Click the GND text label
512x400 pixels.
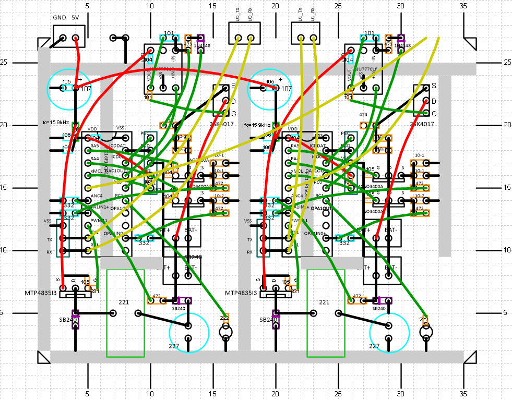tap(59, 17)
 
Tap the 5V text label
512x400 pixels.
tap(76, 17)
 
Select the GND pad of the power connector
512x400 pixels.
tap(63, 38)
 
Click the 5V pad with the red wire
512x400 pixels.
tap(76, 38)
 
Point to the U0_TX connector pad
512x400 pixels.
tap(239, 38)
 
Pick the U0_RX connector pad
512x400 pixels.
tap(251, 38)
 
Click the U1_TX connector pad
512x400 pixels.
tap(301, 38)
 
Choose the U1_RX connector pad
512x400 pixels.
tap(314, 38)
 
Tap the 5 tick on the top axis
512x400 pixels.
tap(87, 6)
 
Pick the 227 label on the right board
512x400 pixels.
tap(374, 346)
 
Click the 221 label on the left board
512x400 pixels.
tap(124, 302)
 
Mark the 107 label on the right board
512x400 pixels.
tap(286, 89)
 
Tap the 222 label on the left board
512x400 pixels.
tap(224, 318)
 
